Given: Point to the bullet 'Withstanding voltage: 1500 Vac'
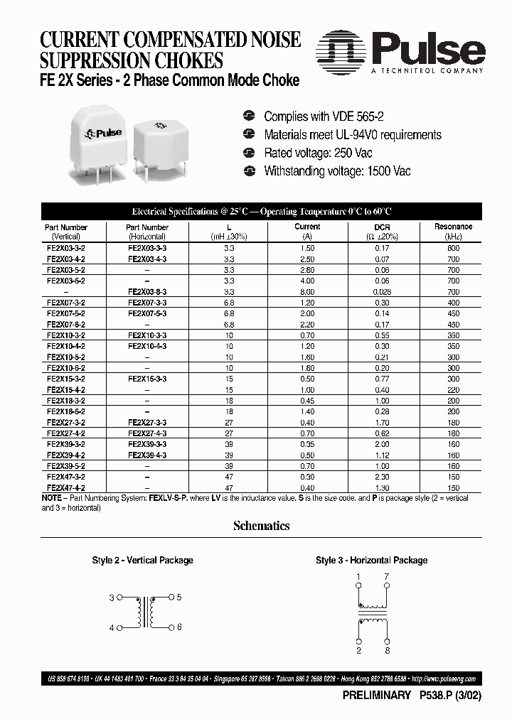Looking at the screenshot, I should (336, 171).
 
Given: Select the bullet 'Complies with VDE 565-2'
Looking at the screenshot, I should (324, 117).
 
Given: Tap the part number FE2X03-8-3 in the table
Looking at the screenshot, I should (147, 292).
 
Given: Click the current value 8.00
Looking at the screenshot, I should (307, 292).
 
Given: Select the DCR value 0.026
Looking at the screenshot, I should (383, 292).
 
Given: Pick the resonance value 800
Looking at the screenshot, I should (453, 248).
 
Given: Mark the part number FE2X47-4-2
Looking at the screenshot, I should (65, 489).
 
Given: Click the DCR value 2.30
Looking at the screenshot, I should (383, 477).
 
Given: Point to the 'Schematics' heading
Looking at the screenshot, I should (261, 526).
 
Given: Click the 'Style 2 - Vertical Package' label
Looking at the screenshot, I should (142, 561).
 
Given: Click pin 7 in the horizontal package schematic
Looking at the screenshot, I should (386, 577).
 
